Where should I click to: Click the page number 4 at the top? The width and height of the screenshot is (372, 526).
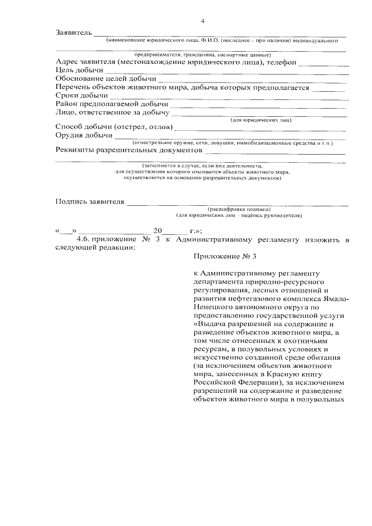[203, 22]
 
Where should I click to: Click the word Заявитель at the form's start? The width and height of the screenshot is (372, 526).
[73, 32]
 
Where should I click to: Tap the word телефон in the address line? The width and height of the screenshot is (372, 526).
[285, 62]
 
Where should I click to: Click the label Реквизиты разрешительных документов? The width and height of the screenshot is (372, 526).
[124, 150]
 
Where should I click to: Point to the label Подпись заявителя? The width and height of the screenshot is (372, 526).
[90, 202]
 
